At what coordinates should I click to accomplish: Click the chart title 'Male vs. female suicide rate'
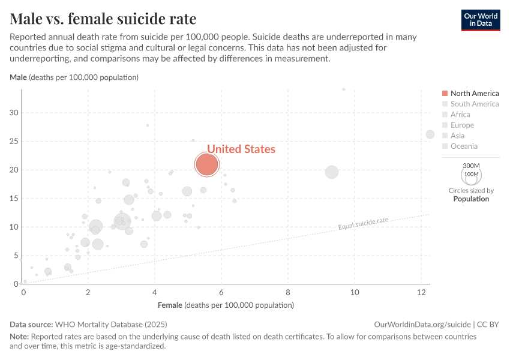click(x=103, y=19)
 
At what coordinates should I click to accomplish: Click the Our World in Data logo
click(x=480, y=20)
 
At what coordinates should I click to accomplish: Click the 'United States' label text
click(x=241, y=149)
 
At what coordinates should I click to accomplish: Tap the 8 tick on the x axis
click(x=288, y=292)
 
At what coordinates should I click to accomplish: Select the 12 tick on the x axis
click(x=421, y=292)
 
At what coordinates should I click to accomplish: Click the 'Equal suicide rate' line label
click(x=363, y=224)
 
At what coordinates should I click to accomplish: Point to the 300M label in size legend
click(x=471, y=166)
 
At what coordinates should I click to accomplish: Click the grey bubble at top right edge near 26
click(x=430, y=134)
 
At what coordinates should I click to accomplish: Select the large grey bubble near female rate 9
click(x=332, y=172)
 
